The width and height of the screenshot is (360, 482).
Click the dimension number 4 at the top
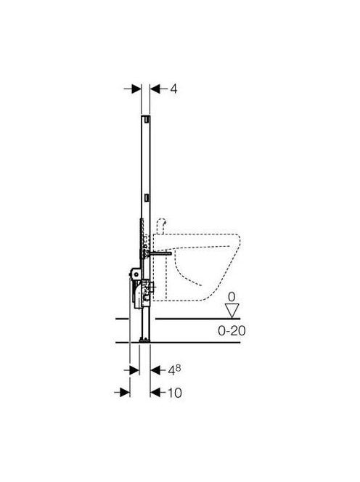173,89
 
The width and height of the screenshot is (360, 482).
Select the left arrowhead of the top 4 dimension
136,89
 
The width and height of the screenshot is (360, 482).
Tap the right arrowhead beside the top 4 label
155,89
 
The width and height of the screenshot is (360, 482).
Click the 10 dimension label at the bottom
175,393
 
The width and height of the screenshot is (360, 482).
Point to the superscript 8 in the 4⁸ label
178,367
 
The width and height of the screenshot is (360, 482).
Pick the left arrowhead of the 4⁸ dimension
135,370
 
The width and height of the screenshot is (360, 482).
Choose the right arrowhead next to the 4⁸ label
155,370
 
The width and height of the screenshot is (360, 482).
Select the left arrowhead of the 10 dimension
125,392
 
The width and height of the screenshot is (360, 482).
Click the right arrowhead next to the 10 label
155,392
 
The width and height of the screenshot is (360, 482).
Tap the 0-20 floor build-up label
232,331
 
